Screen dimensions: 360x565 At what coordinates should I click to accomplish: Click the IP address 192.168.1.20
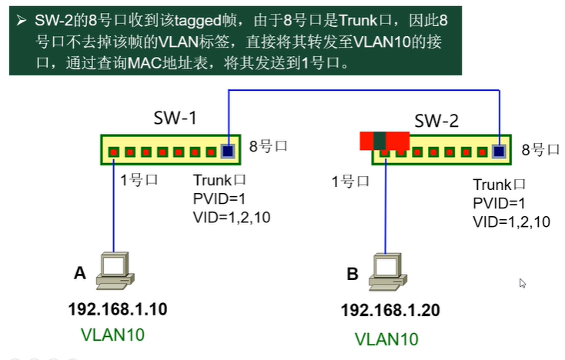click(390, 312)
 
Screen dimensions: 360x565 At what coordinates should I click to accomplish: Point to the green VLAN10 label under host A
click(112, 335)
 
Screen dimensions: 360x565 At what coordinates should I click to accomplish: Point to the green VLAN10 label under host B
click(386, 338)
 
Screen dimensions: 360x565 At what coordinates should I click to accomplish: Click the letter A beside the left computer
click(79, 274)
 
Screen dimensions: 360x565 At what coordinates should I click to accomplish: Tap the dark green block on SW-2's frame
click(379, 140)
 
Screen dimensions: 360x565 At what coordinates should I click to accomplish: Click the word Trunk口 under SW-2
click(499, 185)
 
